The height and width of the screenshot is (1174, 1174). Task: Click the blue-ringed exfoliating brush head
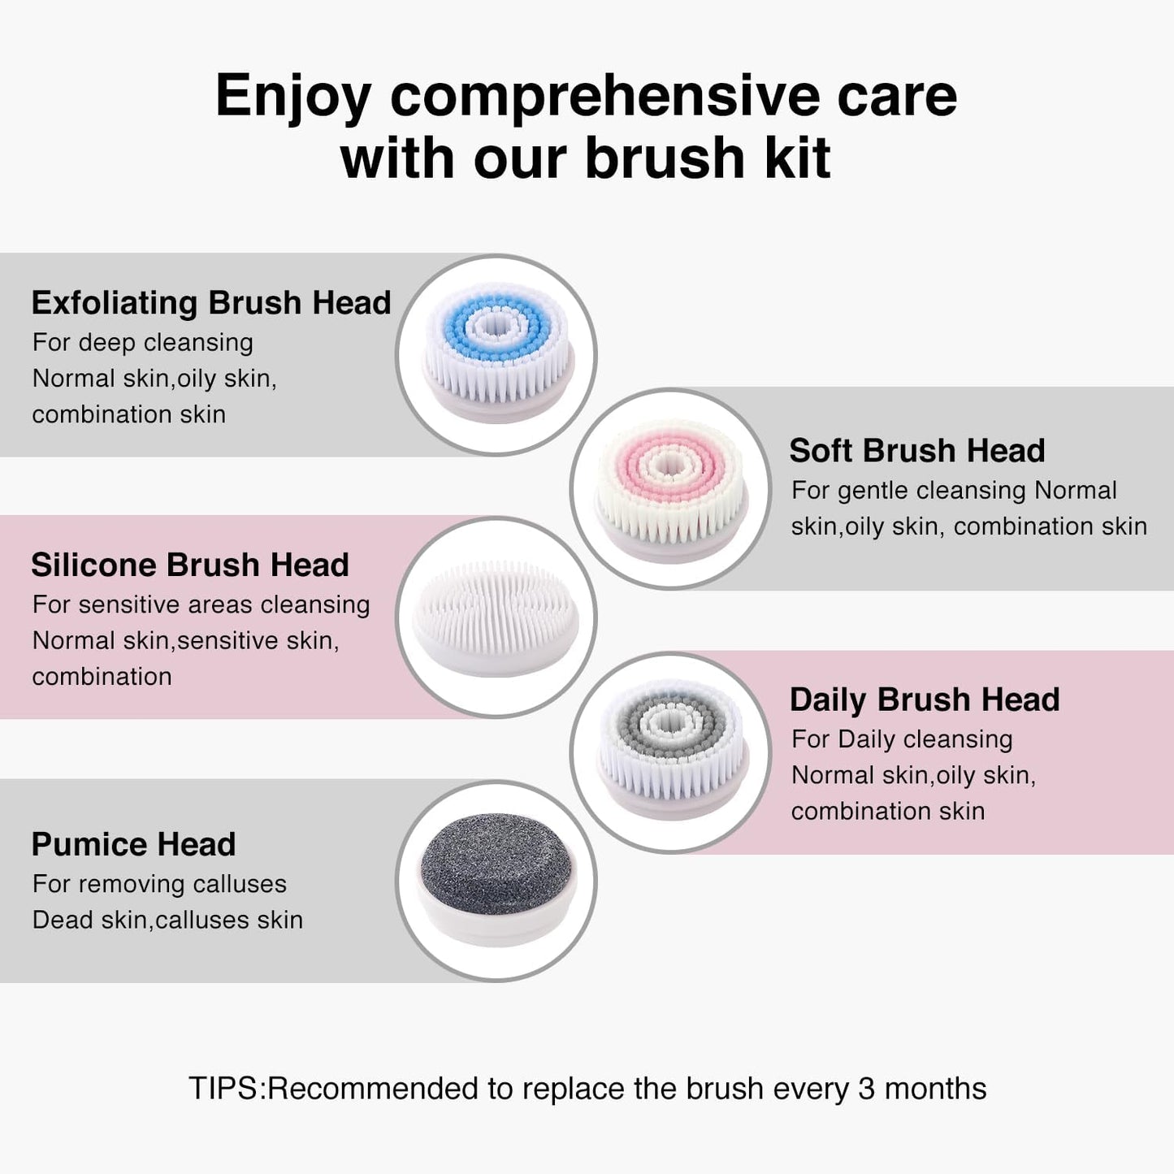tap(497, 354)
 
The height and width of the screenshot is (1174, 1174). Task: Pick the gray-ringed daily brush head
tap(671, 752)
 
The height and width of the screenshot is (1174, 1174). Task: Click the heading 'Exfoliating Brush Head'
tap(211, 303)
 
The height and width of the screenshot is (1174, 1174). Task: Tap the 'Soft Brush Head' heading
tap(916, 451)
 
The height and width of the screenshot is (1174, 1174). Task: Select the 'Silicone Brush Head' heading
tap(190, 565)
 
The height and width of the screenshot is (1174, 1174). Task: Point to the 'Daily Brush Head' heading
tap(925, 700)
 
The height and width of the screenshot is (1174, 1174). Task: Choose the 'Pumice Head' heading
tap(133, 845)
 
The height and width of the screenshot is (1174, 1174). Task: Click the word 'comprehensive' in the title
tap(604, 96)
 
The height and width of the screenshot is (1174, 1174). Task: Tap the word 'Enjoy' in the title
tap(292, 96)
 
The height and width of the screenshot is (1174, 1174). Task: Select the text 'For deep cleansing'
tap(143, 343)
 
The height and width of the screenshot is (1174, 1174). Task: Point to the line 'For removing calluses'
tap(159, 884)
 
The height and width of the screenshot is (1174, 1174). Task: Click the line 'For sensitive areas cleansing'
tap(201, 604)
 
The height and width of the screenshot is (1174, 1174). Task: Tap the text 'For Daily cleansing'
tap(902, 739)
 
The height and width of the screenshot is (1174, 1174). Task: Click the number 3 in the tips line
tap(866, 1089)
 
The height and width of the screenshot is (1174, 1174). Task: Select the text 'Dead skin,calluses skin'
tap(167, 920)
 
